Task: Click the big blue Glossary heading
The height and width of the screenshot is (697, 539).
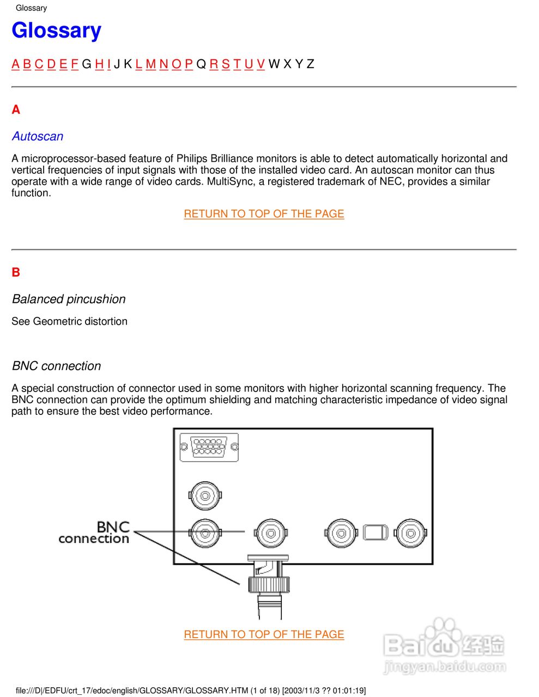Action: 56,30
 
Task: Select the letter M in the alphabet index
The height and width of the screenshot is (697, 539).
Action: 151,64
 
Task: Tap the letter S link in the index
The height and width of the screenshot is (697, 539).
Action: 226,64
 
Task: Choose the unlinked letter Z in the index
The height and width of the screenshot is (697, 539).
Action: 310,64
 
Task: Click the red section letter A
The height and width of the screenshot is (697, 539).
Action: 16,110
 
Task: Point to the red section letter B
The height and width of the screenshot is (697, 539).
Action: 16,272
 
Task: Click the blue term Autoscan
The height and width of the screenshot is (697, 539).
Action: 38,136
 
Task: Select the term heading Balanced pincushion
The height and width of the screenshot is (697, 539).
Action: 69,299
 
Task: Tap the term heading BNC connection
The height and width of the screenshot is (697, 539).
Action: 57,366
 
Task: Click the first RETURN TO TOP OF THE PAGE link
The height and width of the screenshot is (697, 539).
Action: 264,214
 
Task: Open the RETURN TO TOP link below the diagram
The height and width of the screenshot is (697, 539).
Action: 264,634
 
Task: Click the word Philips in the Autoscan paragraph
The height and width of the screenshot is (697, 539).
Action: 190,158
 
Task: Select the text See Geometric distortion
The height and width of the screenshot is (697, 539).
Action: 69,321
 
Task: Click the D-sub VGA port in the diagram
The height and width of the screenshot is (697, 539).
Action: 209,448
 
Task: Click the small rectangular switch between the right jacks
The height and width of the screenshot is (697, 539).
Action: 376,532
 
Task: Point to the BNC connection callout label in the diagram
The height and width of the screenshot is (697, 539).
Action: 94,533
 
